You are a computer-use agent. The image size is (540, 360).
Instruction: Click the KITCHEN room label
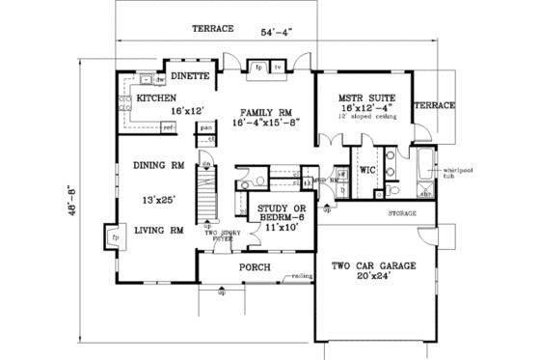pyautogui.click(x=156, y=98)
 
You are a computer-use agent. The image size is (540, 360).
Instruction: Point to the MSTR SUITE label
pyautogui.click(x=364, y=98)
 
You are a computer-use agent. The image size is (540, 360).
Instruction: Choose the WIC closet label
pyautogui.click(x=366, y=169)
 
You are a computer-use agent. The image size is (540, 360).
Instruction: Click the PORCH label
pyautogui.click(x=255, y=266)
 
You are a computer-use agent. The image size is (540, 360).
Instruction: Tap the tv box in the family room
pyautogui.click(x=277, y=69)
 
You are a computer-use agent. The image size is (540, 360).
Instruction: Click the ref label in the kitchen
pyautogui.click(x=167, y=125)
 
